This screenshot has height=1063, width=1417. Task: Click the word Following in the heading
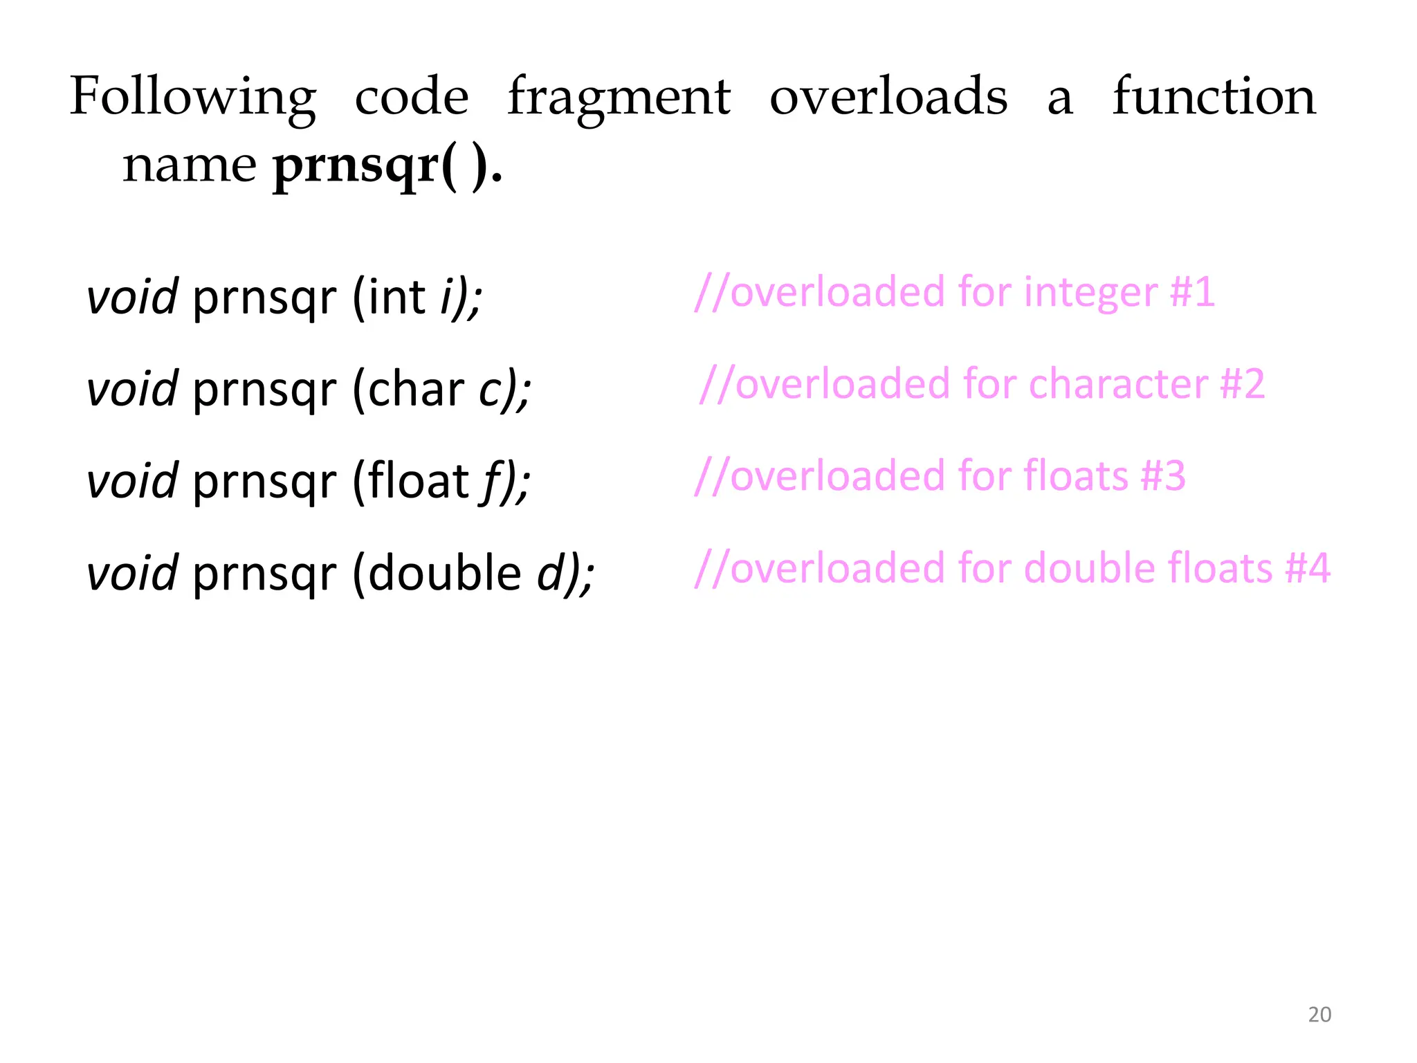193,97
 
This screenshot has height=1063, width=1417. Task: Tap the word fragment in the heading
619,97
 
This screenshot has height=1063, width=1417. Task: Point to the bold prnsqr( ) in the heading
381,166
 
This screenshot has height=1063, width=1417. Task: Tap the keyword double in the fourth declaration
444,573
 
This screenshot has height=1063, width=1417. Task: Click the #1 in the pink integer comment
1192,292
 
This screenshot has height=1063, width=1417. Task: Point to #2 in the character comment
1243,384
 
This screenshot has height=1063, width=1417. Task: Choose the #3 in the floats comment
1163,476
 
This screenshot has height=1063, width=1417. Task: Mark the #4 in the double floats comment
1308,568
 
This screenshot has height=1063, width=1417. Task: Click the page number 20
1319,1015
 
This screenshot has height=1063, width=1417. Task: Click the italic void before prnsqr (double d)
132,573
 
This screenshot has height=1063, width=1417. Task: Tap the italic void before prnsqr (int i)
132,298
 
